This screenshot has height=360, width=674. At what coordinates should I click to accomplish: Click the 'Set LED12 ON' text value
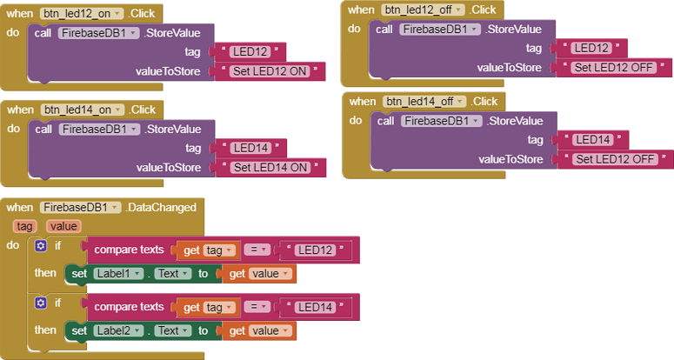[x=272, y=70]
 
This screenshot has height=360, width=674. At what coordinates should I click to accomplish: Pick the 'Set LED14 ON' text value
[x=273, y=167]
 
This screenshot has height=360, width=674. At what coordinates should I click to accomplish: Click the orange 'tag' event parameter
[x=24, y=226]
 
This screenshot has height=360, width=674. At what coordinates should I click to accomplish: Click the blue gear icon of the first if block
[x=40, y=247]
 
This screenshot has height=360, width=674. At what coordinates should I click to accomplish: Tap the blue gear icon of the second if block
[x=40, y=303]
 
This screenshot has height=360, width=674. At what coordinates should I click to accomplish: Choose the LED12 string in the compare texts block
[x=317, y=250]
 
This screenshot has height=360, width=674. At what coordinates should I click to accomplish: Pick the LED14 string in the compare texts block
[x=317, y=307]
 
